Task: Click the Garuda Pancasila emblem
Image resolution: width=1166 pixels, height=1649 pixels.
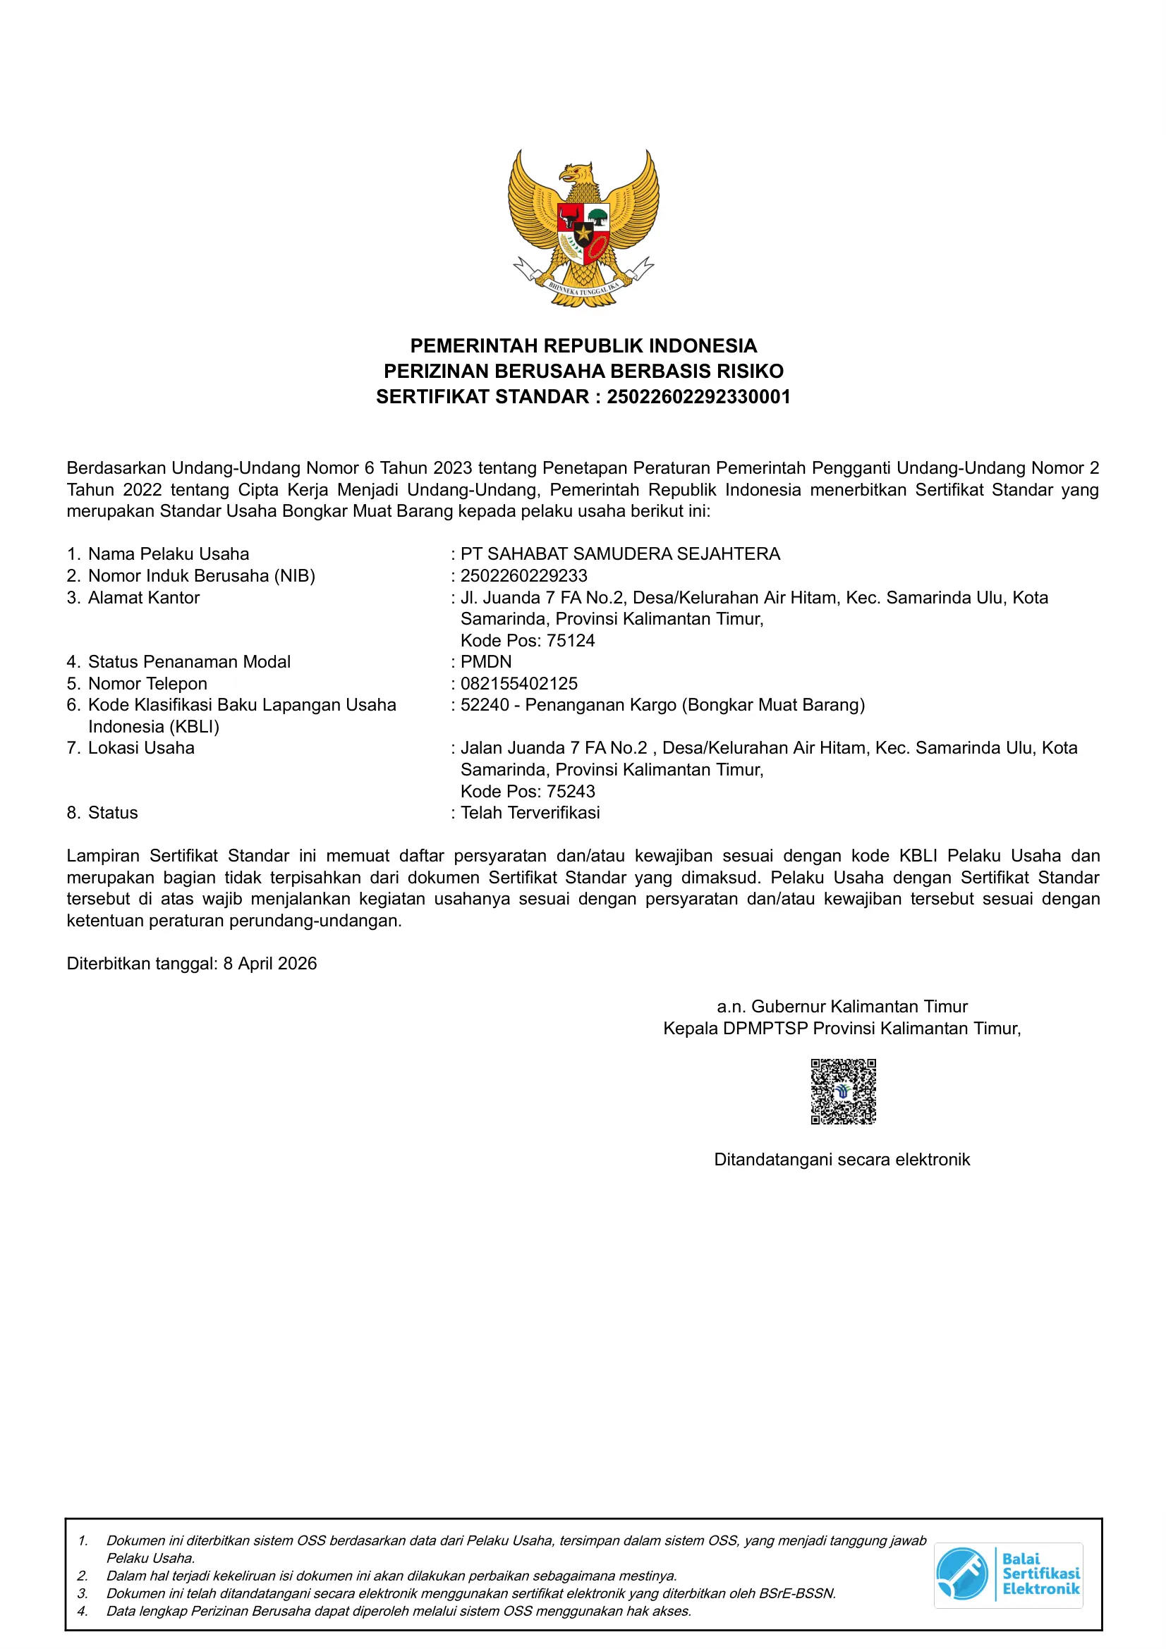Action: pos(583,228)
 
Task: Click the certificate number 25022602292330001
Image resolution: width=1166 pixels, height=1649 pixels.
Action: pos(698,396)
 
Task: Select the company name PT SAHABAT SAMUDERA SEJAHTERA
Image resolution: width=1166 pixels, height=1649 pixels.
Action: pos(620,553)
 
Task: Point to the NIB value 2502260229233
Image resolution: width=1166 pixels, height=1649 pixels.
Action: pos(523,575)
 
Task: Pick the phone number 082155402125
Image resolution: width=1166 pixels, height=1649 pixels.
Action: pos(518,683)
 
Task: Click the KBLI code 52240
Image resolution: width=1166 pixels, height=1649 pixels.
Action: pos(484,704)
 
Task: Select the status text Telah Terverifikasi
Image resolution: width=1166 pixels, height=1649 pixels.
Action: pos(530,812)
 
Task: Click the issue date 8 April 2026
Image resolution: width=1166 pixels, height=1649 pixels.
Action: pos(269,963)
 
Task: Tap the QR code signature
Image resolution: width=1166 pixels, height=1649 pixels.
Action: pos(843,1091)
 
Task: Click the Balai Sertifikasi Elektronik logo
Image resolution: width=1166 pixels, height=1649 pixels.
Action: pos(1008,1575)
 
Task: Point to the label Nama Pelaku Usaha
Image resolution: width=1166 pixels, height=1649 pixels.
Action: pos(168,553)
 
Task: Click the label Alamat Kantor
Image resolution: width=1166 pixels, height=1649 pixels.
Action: pos(144,597)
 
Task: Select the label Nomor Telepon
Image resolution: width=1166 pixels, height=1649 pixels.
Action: pos(147,683)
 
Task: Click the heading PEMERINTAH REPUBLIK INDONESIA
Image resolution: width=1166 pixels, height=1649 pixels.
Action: pos(583,345)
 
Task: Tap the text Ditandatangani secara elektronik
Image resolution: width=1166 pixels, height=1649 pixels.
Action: pos(842,1159)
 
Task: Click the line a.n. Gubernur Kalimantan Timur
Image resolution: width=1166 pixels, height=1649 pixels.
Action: pos(842,1006)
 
